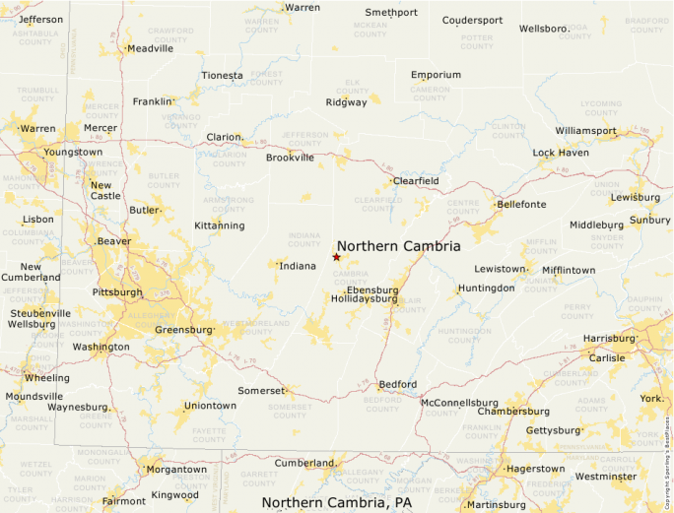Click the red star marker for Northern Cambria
tap(336, 257)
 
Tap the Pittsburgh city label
tap(116, 292)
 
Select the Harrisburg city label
tap(609, 338)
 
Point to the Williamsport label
tap(585, 131)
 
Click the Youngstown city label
tap(73, 153)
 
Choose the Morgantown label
tap(176, 470)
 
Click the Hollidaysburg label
tap(365, 298)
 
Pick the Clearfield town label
tap(416, 181)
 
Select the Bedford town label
tap(398, 384)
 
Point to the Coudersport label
tap(472, 20)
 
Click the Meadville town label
tap(150, 48)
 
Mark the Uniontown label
tap(210, 406)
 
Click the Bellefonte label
tap(521, 205)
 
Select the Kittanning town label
tap(219, 225)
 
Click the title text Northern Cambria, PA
tap(337, 502)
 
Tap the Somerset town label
tap(261, 391)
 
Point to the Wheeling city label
tap(47, 378)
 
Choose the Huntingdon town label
tap(486, 289)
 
